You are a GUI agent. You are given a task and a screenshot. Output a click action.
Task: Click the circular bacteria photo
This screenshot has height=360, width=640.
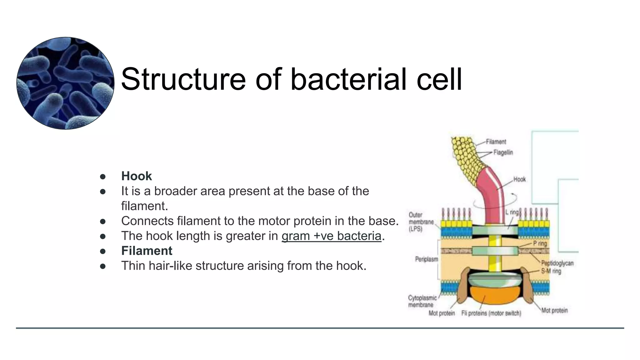65,83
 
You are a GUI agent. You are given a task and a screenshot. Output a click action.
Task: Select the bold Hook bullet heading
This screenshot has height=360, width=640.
136,176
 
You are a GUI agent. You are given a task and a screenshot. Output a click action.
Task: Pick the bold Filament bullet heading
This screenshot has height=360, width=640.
147,251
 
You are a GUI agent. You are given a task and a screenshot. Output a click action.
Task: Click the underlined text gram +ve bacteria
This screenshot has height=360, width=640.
331,236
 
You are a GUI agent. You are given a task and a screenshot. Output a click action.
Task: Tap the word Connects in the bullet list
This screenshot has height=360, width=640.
147,221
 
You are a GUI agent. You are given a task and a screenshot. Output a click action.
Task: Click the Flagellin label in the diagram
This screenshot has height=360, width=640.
503,152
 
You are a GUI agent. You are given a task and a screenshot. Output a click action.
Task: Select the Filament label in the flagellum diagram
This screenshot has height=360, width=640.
496,142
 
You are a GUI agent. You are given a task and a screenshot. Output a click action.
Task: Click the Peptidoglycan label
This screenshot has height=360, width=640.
557,263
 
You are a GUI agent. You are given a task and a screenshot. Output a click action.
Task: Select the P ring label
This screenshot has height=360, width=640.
540,243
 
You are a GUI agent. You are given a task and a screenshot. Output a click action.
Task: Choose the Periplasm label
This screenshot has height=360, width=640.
426,259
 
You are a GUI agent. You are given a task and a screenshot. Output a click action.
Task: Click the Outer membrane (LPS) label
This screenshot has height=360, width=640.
421,222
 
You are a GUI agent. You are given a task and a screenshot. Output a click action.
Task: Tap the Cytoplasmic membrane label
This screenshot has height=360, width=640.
422,301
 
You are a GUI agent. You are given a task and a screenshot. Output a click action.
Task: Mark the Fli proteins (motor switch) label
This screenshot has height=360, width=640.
491,313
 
